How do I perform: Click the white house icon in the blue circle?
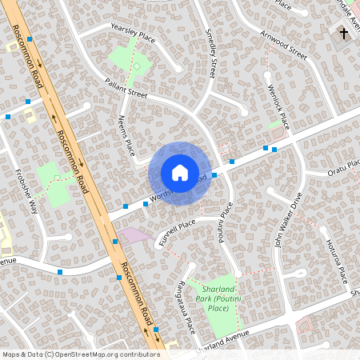coord(179,173)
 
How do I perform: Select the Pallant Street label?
coord(126,87)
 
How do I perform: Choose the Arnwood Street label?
coord(283,46)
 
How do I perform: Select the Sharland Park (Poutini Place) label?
coord(218,298)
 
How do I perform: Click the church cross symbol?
coord(344,34)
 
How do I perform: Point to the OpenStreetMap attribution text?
coord(80,354)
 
